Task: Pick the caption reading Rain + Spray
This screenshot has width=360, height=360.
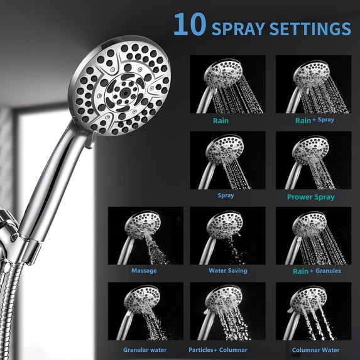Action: (314, 120)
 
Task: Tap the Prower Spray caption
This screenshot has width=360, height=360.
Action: (310, 197)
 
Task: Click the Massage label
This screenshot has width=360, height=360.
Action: (144, 271)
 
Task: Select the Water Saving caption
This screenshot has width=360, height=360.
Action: (228, 271)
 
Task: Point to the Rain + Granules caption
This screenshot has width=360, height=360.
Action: (317, 271)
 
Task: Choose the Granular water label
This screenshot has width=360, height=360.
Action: (145, 350)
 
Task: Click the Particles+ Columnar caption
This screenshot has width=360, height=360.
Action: (218, 350)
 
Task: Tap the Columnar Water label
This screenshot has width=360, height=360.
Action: (315, 350)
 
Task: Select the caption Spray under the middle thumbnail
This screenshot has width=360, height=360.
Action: (226, 195)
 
